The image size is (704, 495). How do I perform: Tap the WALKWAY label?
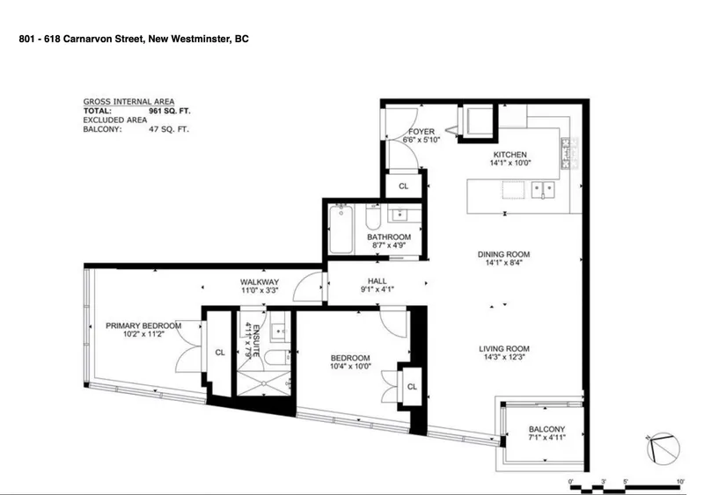click(260, 282)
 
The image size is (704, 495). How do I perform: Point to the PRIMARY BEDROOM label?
click(143, 325)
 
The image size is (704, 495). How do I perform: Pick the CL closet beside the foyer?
click(403, 186)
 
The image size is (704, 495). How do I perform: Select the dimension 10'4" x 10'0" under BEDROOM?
click(349, 368)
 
